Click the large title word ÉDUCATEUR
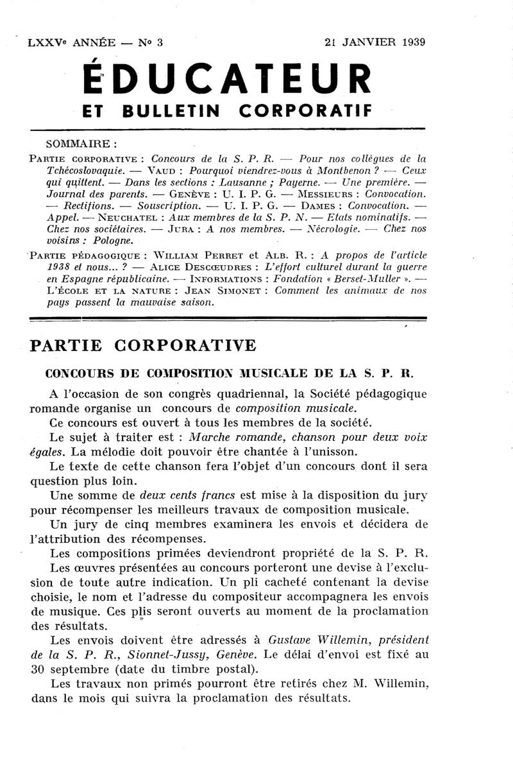pos(228,80)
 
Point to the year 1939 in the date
pos(412,43)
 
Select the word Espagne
pos(67,279)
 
